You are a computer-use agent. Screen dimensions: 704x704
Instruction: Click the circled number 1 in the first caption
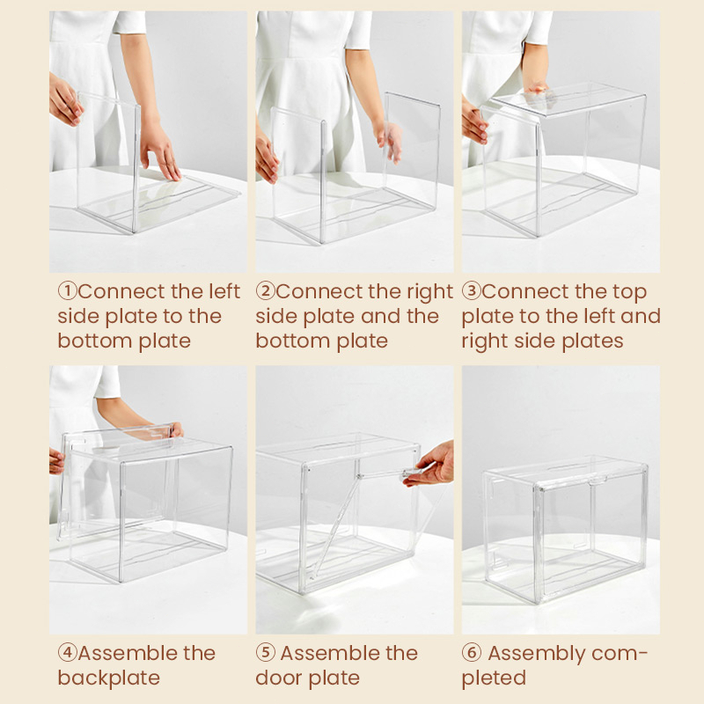click(68, 291)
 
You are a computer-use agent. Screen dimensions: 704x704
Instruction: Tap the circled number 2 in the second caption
click(266, 291)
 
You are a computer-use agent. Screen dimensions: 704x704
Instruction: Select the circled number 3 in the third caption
click(472, 291)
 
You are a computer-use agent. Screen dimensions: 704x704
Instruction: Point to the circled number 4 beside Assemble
click(68, 652)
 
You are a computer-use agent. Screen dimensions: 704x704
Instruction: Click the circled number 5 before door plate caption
click(266, 652)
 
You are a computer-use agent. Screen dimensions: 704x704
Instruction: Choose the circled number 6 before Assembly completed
click(472, 652)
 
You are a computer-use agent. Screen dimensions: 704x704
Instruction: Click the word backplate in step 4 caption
click(108, 678)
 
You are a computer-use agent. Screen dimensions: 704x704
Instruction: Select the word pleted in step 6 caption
click(494, 678)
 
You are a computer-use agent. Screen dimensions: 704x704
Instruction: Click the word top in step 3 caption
click(632, 293)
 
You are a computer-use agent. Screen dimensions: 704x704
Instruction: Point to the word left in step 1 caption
click(224, 291)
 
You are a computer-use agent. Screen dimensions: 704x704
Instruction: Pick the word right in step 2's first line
click(429, 293)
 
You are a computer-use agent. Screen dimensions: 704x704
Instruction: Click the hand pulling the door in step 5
click(429, 465)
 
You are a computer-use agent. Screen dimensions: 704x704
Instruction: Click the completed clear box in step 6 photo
click(565, 530)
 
